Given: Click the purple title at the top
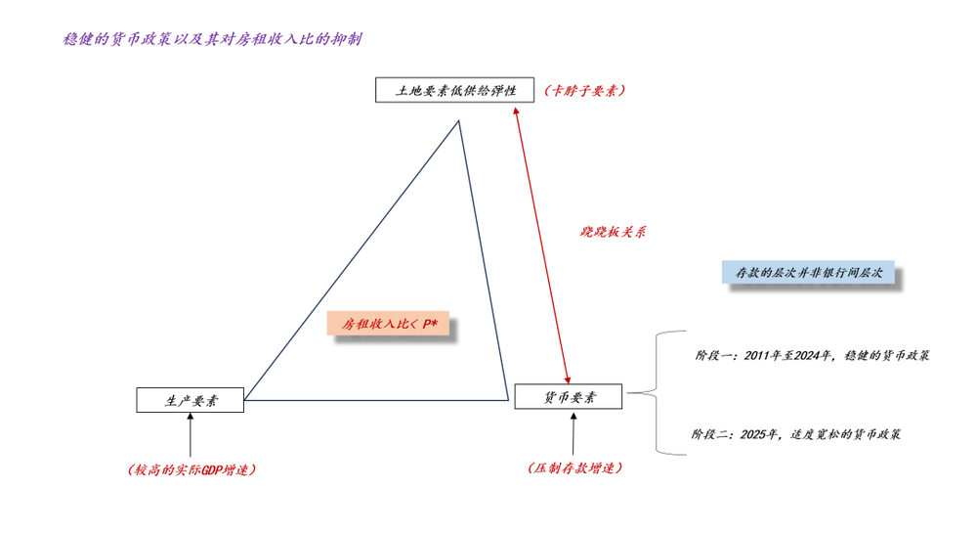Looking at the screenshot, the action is pyautogui.click(x=212, y=39).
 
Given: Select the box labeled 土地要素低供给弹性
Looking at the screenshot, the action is pyautogui.click(x=455, y=90).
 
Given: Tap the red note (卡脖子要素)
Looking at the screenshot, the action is pyautogui.click(x=584, y=90).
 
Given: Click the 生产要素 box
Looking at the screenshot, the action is pyautogui.click(x=191, y=400).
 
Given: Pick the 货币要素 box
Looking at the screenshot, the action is pyautogui.click(x=569, y=397).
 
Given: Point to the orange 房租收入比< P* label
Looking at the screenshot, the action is pyautogui.click(x=388, y=324).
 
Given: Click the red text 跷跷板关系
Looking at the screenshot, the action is pyautogui.click(x=614, y=232).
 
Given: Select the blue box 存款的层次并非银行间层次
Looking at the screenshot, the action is pyautogui.click(x=808, y=272).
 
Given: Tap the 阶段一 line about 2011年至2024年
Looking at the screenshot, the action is pyautogui.click(x=813, y=356).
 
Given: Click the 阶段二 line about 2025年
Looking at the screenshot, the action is pyautogui.click(x=796, y=434).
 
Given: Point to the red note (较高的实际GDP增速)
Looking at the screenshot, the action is pyautogui.click(x=191, y=469).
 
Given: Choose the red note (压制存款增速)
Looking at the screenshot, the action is pyautogui.click(x=574, y=467).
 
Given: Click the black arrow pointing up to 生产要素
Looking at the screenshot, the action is pyautogui.click(x=191, y=435).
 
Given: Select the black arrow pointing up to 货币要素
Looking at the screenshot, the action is pyautogui.click(x=573, y=433).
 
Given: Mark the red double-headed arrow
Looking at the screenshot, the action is pyautogui.click(x=541, y=245).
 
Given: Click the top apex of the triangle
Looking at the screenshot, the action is pyautogui.click(x=458, y=120).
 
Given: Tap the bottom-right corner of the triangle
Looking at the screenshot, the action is pyautogui.click(x=508, y=400).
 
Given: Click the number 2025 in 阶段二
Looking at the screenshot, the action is pyautogui.click(x=752, y=434).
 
